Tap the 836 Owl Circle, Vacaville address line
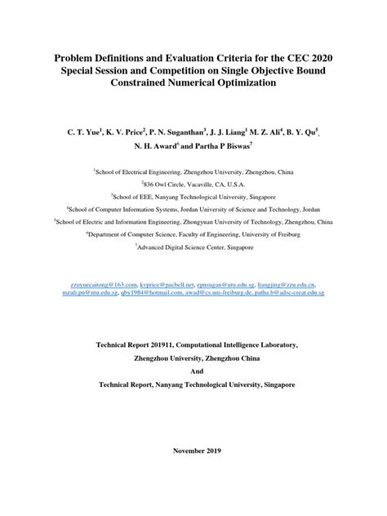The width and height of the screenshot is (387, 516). tap(193, 185)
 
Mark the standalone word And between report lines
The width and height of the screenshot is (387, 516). tap(193, 371)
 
